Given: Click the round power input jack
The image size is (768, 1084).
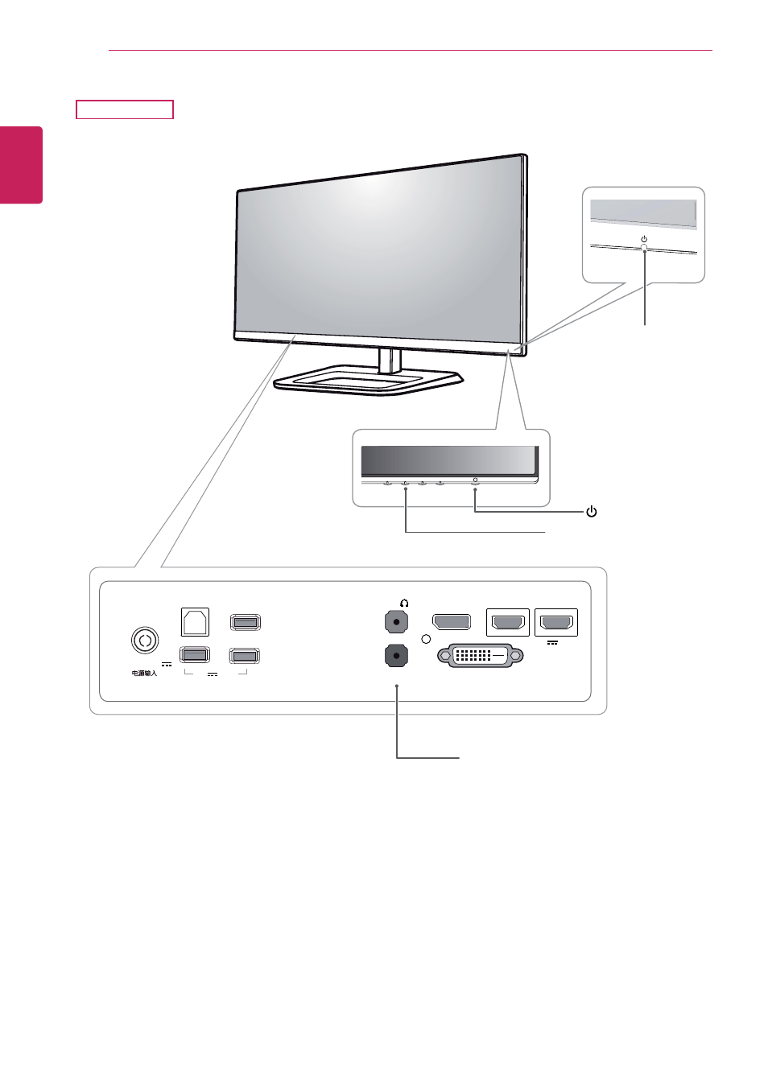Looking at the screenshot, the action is pyautogui.click(x=144, y=641).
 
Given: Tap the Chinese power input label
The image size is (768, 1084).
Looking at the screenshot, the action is pyautogui.click(x=144, y=673).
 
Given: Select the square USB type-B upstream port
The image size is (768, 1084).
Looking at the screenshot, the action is pyautogui.click(x=195, y=622).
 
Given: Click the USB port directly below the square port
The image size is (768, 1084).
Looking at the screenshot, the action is pyautogui.click(x=195, y=655).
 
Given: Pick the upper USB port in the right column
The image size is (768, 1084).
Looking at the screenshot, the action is pyautogui.click(x=245, y=622).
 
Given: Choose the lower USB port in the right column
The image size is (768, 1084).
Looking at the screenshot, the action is pyautogui.click(x=244, y=656).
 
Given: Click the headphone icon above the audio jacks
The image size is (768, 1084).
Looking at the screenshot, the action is pyautogui.click(x=404, y=603).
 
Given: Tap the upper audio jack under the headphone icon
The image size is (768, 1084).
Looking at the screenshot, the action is pyautogui.click(x=397, y=622).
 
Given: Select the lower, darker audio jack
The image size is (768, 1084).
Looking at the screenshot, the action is pyautogui.click(x=397, y=656).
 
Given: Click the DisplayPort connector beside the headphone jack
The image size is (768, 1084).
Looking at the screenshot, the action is pyautogui.click(x=452, y=622).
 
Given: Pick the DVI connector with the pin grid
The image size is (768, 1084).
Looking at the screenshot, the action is pyautogui.click(x=481, y=656).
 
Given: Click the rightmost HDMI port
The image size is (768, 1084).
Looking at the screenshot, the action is pyautogui.click(x=556, y=622).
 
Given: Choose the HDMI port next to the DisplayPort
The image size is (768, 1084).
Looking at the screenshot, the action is pyautogui.click(x=507, y=622).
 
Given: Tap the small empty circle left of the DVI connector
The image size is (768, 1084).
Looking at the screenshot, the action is pyautogui.click(x=426, y=639).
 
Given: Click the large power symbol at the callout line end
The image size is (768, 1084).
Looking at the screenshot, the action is pyautogui.click(x=591, y=512).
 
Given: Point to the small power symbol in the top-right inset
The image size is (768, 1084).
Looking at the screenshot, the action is pyautogui.click(x=644, y=239).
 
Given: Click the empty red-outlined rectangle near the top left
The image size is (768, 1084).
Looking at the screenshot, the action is pyautogui.click(x=125, y=109).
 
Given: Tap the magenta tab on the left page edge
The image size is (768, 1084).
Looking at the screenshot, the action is pyautogui.click(x=21, y=165).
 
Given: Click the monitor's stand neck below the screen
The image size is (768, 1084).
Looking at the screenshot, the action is pyautogui.click(x=390, y=361).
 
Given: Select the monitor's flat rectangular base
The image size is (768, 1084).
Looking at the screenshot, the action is pyautogui.click(x=369, y=381).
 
